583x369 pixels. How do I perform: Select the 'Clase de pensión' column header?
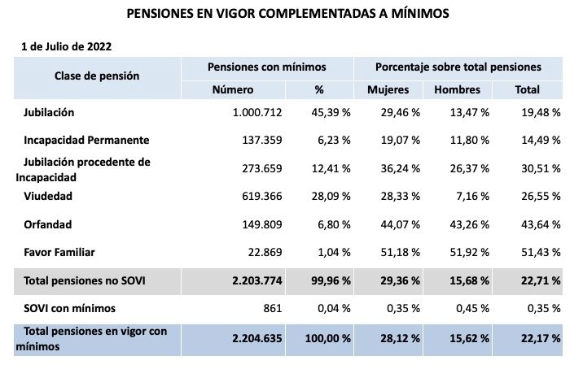97,76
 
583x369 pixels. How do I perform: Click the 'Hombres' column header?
457,89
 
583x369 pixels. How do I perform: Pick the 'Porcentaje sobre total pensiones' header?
458,67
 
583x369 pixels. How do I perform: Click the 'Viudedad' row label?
48,196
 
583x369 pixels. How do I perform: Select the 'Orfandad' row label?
48,224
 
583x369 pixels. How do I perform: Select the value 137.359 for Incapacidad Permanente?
261,140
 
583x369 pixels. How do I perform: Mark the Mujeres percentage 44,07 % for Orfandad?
400,224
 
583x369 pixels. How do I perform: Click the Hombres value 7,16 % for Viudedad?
471,196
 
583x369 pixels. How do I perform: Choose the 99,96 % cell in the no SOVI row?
330,280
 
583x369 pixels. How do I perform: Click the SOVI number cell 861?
272,308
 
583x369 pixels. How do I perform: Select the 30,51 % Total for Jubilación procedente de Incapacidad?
541,168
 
